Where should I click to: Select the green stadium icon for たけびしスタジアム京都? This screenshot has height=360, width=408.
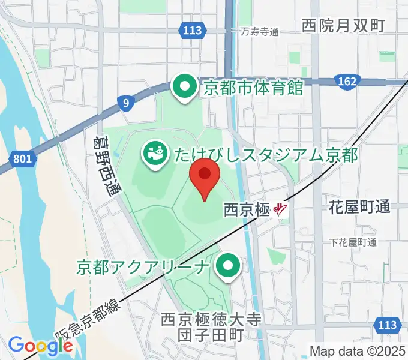coord(155,154)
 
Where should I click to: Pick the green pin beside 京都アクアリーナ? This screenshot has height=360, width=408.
coord(228,266)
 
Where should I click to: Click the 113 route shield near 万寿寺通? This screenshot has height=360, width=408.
coord(193,30)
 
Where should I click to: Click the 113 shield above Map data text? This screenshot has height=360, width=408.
coord(387,325)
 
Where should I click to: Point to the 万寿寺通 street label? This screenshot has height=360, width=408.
coord(260,31)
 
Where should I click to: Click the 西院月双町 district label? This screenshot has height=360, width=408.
coord(343,25)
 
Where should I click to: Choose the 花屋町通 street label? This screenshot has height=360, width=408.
coord(359,208)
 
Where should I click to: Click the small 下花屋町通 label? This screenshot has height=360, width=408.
coord(353,242)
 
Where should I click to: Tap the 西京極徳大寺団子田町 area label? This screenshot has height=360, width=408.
coord(211,328)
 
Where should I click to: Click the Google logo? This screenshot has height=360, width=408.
coord(40,346)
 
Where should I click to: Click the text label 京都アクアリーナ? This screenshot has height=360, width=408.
coord(143,266)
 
